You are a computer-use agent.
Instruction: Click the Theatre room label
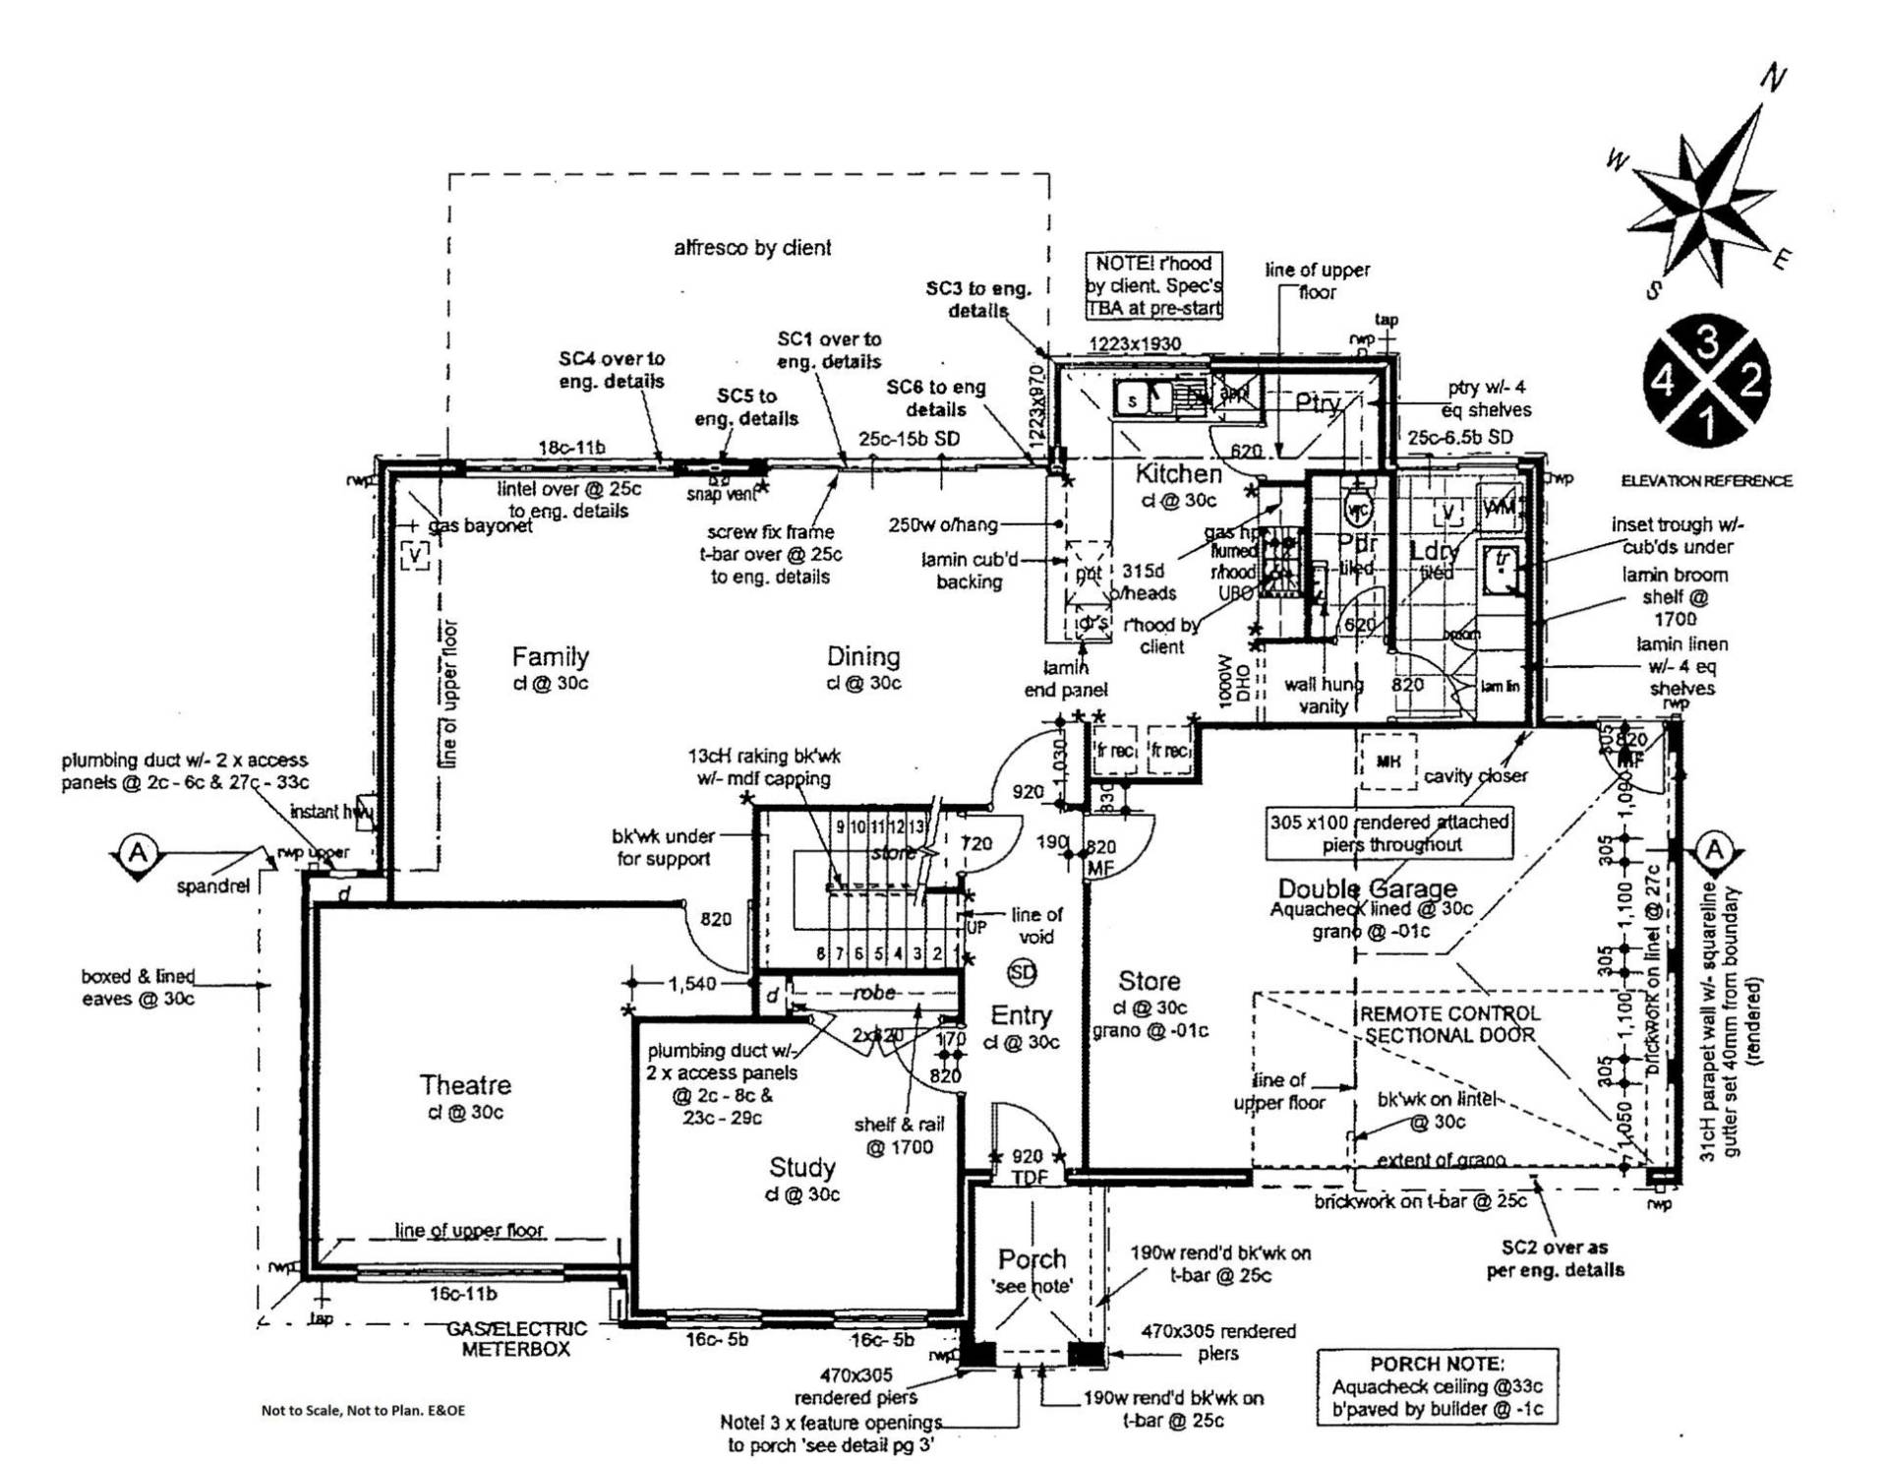[465, 1084]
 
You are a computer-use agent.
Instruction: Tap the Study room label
[801, 1167]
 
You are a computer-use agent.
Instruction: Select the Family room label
[550, 656]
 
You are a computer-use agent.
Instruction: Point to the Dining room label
[862, 656]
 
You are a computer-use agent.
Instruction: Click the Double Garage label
[1367, 889]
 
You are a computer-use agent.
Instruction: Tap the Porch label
[1032, 1258]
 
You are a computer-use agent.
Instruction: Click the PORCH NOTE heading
[1437, 1365]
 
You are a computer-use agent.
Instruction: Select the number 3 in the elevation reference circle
[1707, 341]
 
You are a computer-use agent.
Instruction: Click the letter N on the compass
[1773, 78]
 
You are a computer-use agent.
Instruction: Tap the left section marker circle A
[139, 852]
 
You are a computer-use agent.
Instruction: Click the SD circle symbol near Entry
[1023, 972]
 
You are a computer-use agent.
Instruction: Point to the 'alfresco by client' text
[752, 248]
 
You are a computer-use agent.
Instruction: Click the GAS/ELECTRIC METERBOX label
[516, 1339]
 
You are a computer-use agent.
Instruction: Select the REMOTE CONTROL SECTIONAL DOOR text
[1449, 1024]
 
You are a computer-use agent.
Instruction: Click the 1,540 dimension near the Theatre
[692, 983]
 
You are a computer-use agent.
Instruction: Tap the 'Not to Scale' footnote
[363, 1410]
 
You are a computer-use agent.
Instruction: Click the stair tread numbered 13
[915, 826]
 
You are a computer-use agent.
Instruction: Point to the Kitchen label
[1178, 473]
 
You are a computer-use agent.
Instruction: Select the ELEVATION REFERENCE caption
[1706, 481]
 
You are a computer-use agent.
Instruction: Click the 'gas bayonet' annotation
[481, 526]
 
